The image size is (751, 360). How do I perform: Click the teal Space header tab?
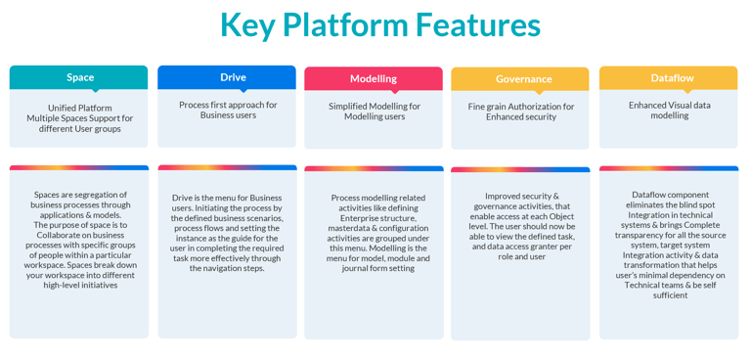[80, 77]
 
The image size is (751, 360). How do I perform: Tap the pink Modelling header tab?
[374, 78]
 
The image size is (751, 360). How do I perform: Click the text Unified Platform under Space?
[80, 108]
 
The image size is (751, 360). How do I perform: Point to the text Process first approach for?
[228, 105]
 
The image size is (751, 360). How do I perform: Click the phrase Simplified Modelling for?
[375, 106]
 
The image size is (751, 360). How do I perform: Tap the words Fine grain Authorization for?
[521, 107]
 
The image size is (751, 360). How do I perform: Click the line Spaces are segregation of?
[80, 195]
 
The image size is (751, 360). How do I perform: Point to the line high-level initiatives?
[80, 285]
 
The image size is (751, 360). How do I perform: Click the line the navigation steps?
[228, 268]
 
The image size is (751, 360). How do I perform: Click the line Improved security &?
[521, 196]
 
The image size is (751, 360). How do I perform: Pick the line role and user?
[521, 256]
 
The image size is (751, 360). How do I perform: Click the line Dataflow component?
[670, 195]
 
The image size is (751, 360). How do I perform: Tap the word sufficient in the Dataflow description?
[670, 294]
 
